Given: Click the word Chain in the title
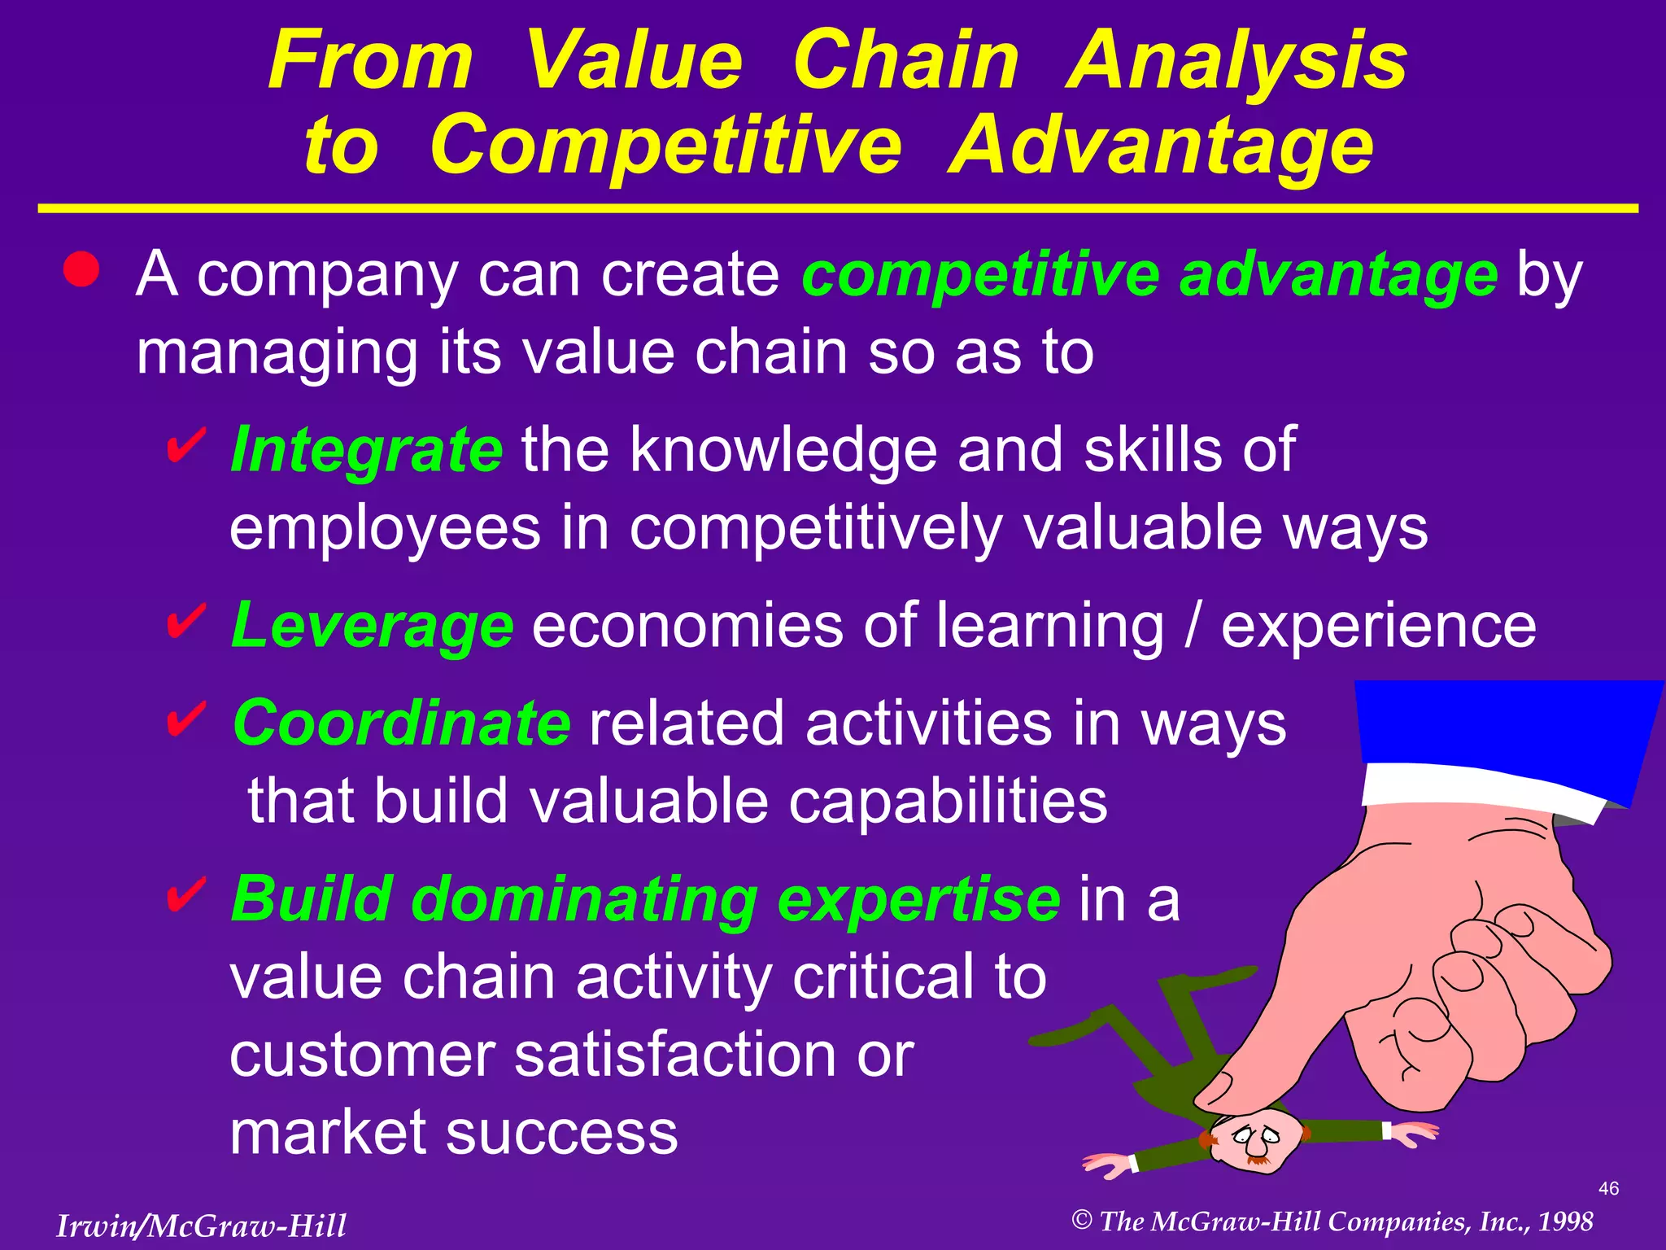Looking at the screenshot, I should click(x=905, y=61).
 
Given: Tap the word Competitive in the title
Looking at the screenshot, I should click(x=665, y=146).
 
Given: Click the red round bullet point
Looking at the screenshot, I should click(x=81, y=269).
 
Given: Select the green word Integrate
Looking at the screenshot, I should click(x=367, y=449).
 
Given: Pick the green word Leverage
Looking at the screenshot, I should click(x=373, y=625).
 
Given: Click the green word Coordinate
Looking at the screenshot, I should click(x=402, y=723).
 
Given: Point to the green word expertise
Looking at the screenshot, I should click(x=918, y=899).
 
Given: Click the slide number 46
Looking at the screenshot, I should click(x=1608, y=1188).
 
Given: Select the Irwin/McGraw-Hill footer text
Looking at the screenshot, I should click(x=201, y=1226).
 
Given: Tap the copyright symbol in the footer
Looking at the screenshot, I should click(x=1081, y=1220).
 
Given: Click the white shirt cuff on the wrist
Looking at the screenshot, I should click(x=1481, y=789).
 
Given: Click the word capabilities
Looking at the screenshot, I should click(x=948, y=801).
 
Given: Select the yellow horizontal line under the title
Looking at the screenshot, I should click(x=838, y=209).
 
